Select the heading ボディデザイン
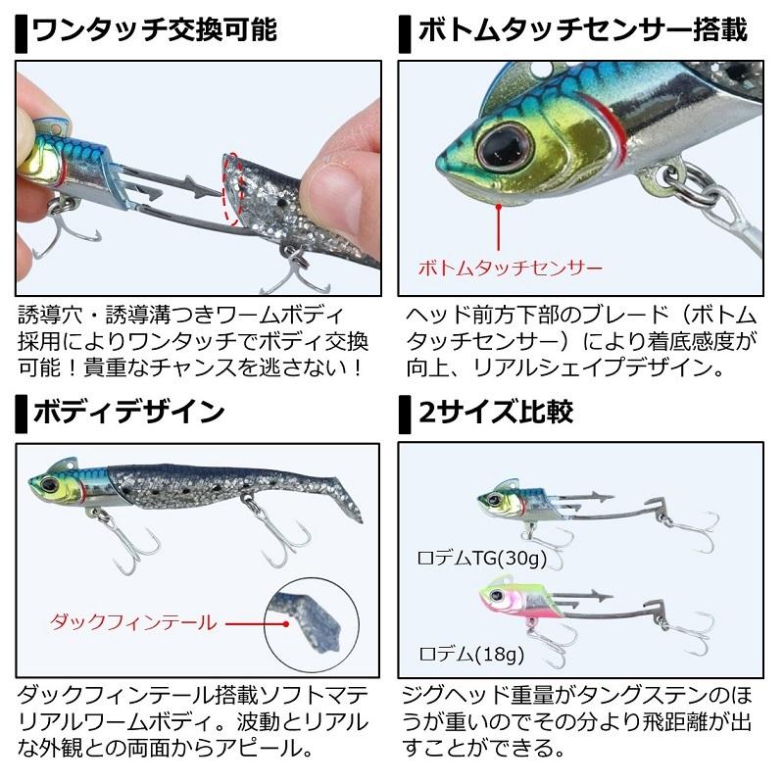(x=127, y=411)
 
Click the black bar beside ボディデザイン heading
(x=23, y=412)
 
